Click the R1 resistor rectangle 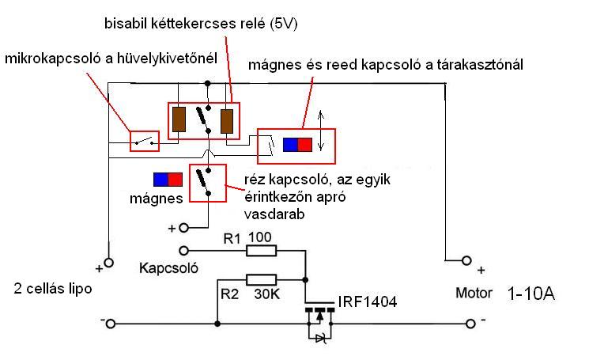(x=262, y=251)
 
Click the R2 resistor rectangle (x=262, y=279)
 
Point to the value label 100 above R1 (x=260, y=237)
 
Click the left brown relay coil (x=179, y=119)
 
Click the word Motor (x=474, y=294)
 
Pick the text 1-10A (x=533, y=294)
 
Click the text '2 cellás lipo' (x=53, y=288)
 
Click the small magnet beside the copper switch (x=168, y=179)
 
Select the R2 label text (x=230, y=294)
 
